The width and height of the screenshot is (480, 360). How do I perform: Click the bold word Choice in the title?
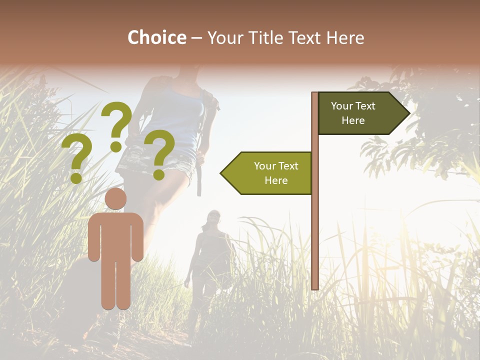[x=156, y=37]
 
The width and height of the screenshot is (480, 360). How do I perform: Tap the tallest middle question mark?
[x=116, y=125]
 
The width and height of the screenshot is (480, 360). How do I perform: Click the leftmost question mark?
[x=76, y=158]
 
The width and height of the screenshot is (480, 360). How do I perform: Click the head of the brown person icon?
[x=115, y=198]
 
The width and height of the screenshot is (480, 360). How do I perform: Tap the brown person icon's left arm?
[x=94, y=237]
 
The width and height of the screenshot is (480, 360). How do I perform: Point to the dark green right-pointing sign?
[x=360, y=113]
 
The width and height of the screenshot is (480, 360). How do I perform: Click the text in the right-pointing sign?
[x=353, y=113]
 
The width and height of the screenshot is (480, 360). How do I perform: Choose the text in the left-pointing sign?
[x=276, y=173]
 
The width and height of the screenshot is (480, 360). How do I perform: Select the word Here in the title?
[x=345, y=37]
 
